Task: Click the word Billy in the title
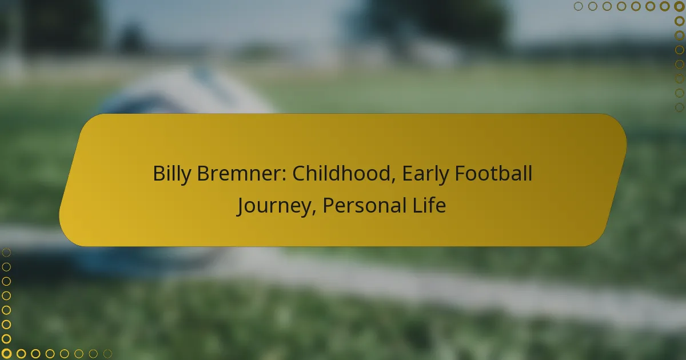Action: [171, 174]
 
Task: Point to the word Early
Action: [425, 174]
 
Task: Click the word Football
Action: [493, 173]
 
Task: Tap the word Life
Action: [429, 205]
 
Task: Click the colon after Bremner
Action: [284, 176]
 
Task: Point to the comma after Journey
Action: [314, 213]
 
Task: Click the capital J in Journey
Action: [241, 206]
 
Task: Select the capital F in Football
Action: [460, 174]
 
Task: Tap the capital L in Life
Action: [417, 205]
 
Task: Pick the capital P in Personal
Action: [329, 205]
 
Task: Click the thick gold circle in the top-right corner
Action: [679, 6]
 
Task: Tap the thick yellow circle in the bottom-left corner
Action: [6, 354]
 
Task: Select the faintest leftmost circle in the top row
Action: [578, 6]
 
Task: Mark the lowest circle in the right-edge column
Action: [679, 107]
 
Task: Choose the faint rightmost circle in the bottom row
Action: [107, 354]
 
